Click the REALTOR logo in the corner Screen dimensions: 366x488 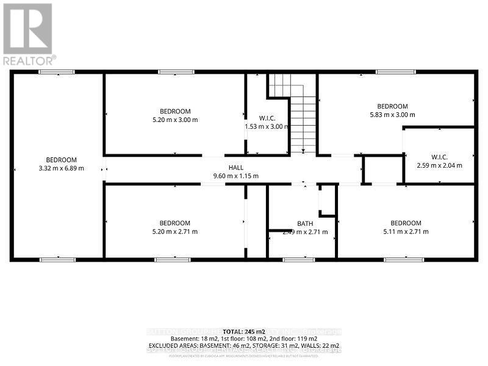[x=28, y=34]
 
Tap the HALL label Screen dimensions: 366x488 [x=235, y=168]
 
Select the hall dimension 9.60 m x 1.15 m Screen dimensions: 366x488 [x=235, y=176]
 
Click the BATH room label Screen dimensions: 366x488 [x=305, y=223]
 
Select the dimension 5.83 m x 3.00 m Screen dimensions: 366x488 [x=392, y=115]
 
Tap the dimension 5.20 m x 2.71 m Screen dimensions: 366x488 [x=174, y=232]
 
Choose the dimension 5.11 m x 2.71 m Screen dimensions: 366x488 [x=406, y=232]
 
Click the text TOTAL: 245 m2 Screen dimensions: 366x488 [x=244, y=330]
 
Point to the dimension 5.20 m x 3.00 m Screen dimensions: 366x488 [x=175, y=120]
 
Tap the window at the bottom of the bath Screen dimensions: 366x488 [x=299, y=260]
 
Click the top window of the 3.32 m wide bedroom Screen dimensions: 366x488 [x=57, y=73]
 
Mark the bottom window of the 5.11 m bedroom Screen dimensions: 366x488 [x=404, y=260]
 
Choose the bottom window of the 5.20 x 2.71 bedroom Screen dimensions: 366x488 [x=173, y=260]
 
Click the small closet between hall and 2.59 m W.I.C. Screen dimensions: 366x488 [x=382, y=170]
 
